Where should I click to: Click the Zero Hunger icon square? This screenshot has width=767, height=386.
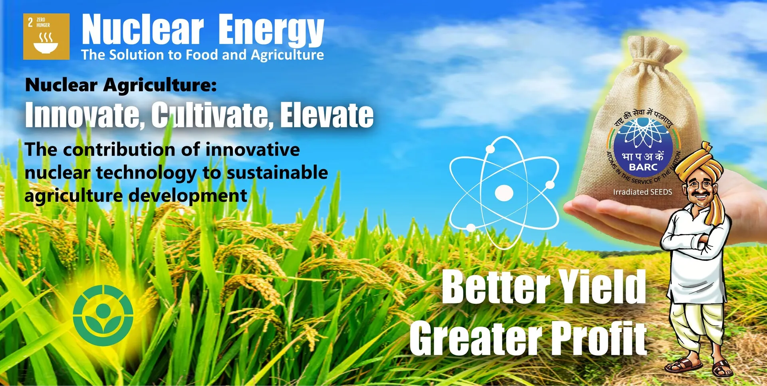(46, 37)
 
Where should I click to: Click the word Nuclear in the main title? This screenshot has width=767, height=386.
(143, 30)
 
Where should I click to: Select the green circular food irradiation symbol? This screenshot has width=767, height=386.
(103, 315)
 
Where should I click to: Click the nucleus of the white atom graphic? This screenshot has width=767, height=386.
(504, 193)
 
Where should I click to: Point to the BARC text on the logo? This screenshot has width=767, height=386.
(643, 167)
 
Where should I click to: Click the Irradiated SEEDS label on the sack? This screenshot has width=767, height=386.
(642, 192)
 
